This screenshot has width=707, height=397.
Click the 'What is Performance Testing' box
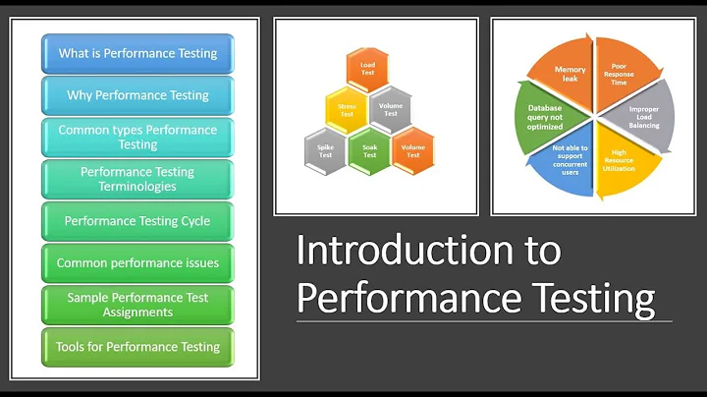tap(137, 53)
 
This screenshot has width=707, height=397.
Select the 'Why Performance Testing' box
tap(137, 95)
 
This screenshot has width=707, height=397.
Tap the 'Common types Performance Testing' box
tap(137, 138)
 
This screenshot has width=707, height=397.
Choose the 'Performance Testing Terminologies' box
tap(137, 179)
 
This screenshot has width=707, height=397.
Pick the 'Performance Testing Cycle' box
tap(137, 221)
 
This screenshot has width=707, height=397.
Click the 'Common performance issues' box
tap(137, 263)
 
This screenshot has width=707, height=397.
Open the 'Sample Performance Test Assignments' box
tap(137, 305)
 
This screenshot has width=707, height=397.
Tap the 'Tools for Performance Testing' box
tap(137, 346)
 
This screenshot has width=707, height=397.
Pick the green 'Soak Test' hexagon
tap(368, 148)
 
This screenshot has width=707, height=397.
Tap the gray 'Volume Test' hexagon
tap(390, 108)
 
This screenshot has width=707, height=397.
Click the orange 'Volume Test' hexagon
tap(413, 148)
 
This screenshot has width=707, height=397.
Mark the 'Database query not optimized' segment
tap(546, 117)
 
